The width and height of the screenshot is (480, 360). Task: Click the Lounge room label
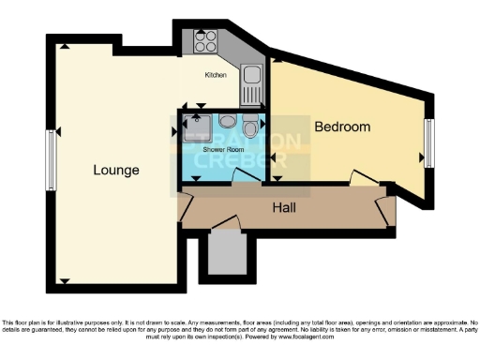(x=116, y=171)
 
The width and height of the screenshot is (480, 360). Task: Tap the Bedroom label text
(x=342, y=127)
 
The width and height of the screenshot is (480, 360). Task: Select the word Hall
(x=285, y=207)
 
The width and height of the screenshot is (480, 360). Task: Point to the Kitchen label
(x=216, y=75)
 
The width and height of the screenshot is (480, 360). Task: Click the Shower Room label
(x=220, y=150)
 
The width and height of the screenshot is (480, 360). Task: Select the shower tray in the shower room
(x=197, y=127)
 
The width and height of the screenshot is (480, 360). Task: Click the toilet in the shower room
(x=248, y=127)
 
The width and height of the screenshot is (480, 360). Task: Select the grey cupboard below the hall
(x=226, y=253)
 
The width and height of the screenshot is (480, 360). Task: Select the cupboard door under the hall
(x=225, y=223)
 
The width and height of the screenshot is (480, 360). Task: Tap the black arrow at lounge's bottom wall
(x=64, y=279)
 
